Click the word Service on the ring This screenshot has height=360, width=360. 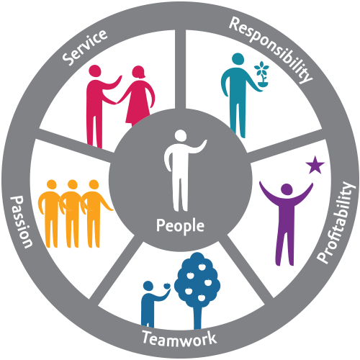(x=85, y=47)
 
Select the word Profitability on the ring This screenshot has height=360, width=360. (x=336, y=222)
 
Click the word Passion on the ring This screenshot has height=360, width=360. (x=21, y=222)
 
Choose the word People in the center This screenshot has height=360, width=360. (x=180, y=226)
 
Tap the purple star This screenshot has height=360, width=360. (x=315, y=165)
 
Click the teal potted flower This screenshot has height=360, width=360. (x=261, y=74)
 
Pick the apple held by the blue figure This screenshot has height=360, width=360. (x=167, y=286)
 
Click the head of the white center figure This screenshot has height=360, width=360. (x=181, y=136)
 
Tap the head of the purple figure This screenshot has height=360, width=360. (x=287, y=189)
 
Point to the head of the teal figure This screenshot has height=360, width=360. (x=238, y=59)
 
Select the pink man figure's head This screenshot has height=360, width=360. (x=94, y=71)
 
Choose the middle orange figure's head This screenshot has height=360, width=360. (x=72, y=185)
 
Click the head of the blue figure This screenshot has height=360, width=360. (x=148, y=286)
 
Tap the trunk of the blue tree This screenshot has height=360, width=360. (x=197, y=317)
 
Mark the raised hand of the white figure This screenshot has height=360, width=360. (x=204, y=143)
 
